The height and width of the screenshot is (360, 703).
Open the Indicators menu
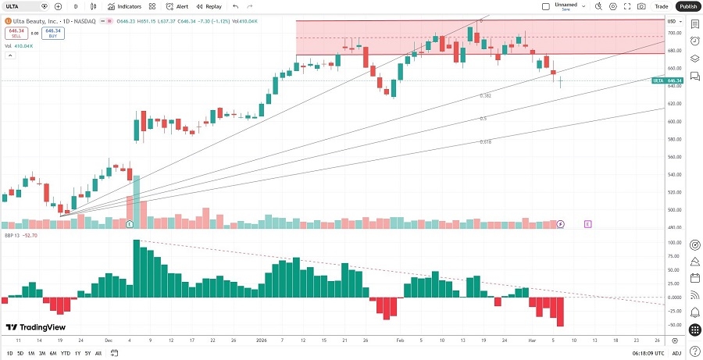click(125, 6)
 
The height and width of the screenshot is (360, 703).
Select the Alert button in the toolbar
click(177, 6)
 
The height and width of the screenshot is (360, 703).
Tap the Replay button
click(209, 6)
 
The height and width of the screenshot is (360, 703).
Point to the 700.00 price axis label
click(673, 34)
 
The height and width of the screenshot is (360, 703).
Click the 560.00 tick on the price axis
click(673, 157)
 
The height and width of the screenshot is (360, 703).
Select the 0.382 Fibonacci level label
click(485, 95)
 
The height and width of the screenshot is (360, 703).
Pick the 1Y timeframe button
click(77, 353)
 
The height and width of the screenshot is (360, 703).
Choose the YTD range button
click(65, 353)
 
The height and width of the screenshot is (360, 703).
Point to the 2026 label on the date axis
click(261, 340)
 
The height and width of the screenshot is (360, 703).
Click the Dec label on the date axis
click(108, 340)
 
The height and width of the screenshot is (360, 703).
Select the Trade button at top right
click(661, 6)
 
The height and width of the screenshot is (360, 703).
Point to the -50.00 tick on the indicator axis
click(673, 324)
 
